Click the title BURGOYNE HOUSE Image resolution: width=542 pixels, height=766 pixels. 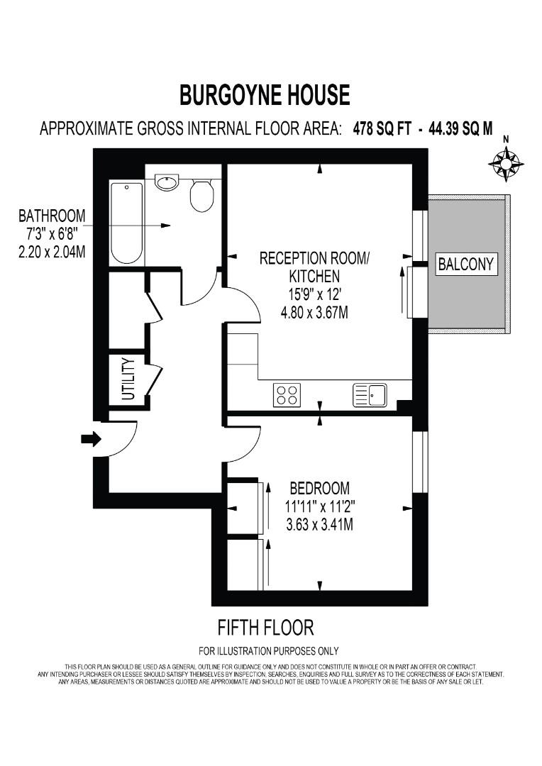(264, 94)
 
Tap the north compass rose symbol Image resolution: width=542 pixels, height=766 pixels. (506, 164)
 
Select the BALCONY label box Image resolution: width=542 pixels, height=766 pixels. (465, 265)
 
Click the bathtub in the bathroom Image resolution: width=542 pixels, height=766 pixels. (127, 223)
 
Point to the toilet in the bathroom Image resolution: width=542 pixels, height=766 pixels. (202, 195)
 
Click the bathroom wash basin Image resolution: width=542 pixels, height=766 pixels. (167, 183)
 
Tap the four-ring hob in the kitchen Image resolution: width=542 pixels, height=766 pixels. (287, 394)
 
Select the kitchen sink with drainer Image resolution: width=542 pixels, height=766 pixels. (370, 395)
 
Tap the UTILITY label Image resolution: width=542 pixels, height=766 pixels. (128, 379)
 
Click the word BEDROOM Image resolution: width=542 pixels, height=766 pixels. (319, 488)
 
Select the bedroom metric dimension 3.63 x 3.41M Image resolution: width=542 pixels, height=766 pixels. (319, 525)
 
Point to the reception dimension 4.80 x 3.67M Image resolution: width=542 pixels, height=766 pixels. (314, 312)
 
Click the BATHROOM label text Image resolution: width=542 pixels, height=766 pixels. (52, 215)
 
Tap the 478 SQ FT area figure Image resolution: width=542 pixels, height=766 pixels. (382, 129)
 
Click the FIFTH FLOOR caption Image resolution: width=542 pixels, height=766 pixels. (265, 627)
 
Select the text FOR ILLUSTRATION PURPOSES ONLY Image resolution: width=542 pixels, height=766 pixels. (268, 650)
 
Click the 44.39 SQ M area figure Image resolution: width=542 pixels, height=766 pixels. (459, 129)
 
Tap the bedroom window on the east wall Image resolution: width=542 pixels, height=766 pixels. (421, 461)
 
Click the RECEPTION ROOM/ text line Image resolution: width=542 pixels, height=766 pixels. (314, 257)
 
